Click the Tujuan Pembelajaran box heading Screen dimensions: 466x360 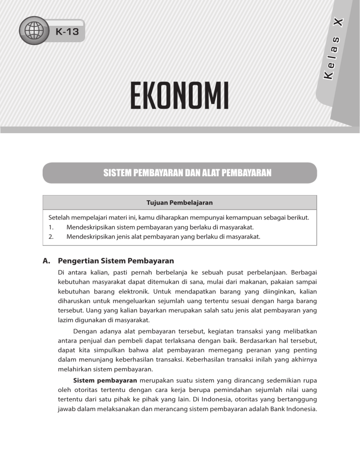180,203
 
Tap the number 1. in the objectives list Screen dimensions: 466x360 51,228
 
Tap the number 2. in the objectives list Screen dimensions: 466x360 51,237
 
